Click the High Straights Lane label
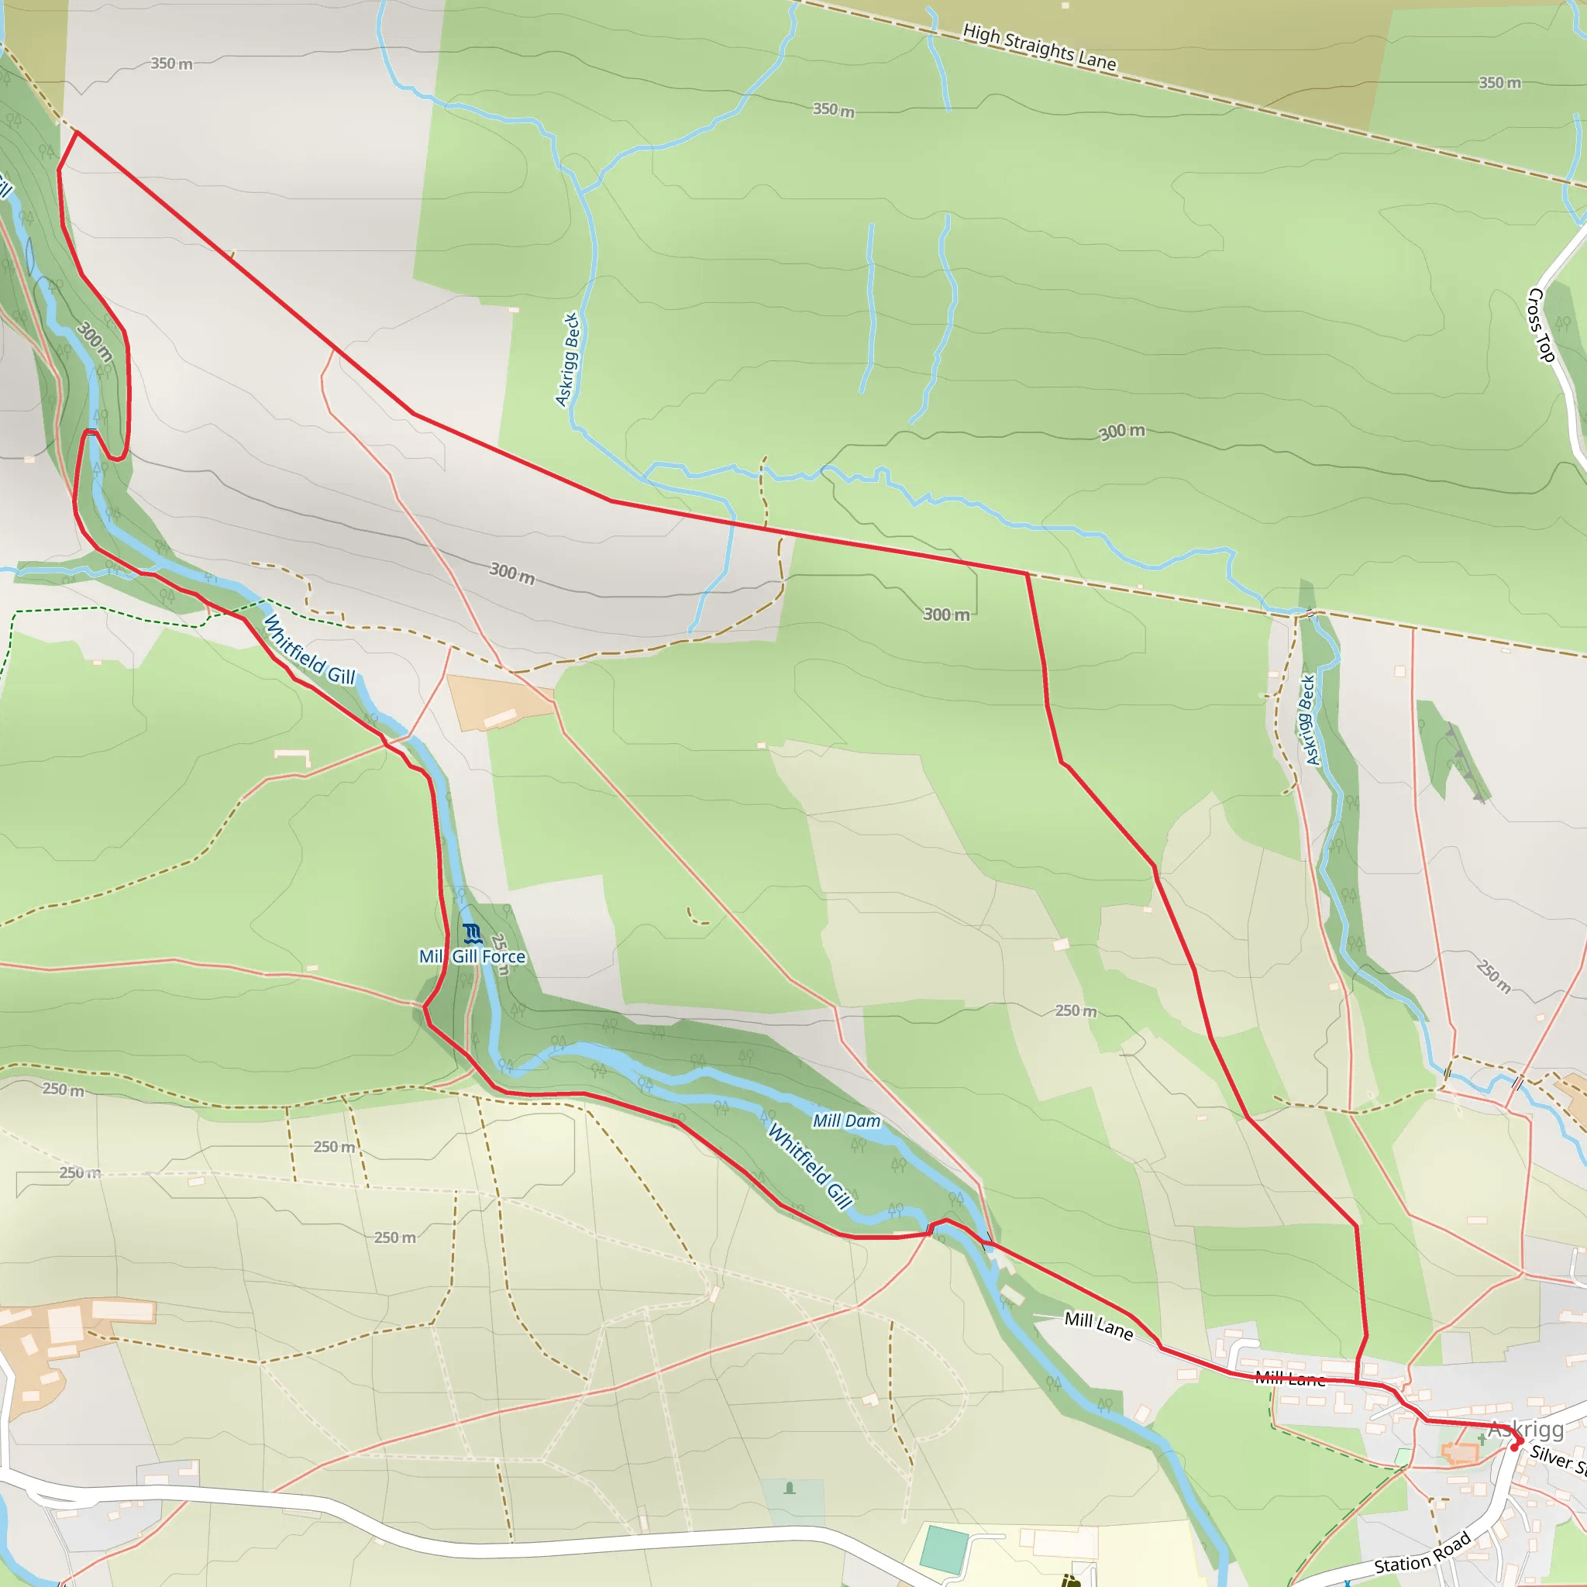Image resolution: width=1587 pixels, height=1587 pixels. point(1039,47)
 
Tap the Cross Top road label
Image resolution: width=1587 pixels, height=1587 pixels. point(1541,325)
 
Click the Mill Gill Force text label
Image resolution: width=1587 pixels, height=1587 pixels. point(473,957)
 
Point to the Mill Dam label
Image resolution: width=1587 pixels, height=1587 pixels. point(846,1121)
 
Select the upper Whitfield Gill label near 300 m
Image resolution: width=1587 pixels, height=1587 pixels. point(309,649)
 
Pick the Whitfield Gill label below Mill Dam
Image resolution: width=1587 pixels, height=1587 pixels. point(810,1167)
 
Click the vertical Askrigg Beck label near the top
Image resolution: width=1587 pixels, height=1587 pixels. point(567,359)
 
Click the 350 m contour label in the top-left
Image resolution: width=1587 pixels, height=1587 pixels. point(170,64)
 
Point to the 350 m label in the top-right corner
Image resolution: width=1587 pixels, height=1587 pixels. point(1500,82)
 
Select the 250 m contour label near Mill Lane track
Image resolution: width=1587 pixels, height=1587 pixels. point(1076,1010)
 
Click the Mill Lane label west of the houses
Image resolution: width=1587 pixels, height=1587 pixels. point(1098,1325)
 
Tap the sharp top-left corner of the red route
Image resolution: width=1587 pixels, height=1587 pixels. point(76,132)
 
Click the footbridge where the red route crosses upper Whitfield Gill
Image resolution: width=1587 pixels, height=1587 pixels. point(91,432)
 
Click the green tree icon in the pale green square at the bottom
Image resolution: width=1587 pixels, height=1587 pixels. point(790,1488)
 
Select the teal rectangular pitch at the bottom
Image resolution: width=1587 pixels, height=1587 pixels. point(944,1548)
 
